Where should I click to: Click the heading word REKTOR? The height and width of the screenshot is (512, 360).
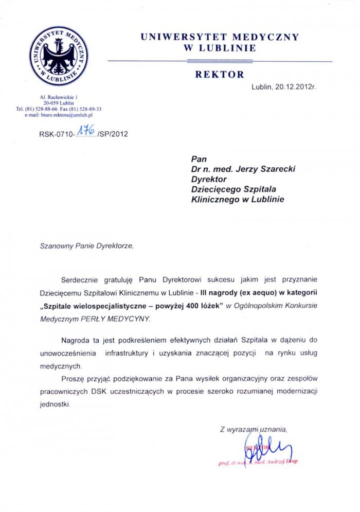coord(220,74)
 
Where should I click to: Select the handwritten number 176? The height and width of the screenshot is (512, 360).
coord(85,132)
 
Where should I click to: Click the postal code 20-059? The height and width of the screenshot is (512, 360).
coord(50,103)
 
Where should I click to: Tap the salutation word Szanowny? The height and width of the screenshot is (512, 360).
coord(56,246)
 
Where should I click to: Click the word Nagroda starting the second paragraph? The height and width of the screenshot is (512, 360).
coord(76,340)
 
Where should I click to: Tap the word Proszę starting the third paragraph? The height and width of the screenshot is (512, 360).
coord(73,379)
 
